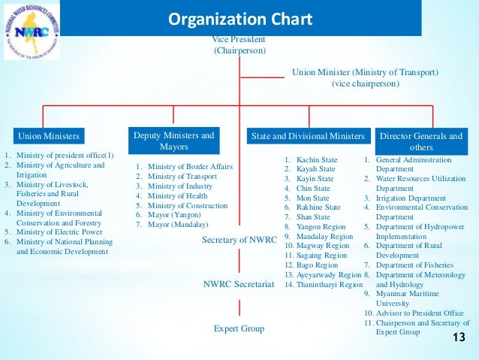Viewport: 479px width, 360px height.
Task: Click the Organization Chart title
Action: pyautogui.click(x=239, y=18)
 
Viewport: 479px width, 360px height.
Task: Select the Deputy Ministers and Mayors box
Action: pyautogui.click(x=173, y=141)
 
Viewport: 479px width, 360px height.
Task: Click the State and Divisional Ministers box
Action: pyautogui.click(x=307, y=136)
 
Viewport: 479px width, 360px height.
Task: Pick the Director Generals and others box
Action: pyautogui.click(x=421, y=141)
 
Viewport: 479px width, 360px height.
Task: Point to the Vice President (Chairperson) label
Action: pyautogui.click(x=239, y=44)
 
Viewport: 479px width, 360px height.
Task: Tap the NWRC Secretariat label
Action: pyautogui.click(x=239, y=284)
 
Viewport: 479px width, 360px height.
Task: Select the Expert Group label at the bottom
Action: pyautogui.click(x=239, y=328)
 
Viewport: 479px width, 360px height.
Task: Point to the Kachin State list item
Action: pyautogui.click(x=315, y=160)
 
